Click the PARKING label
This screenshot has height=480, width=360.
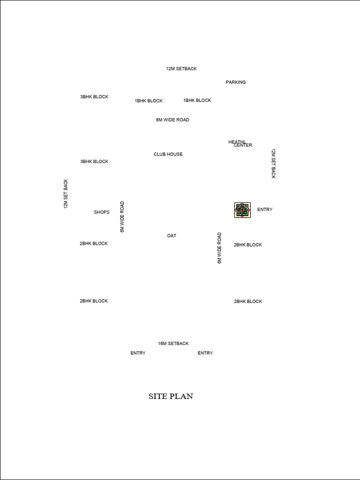pyautogui.click(x=236, y=82)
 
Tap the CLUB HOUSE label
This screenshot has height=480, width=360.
pyautogui.click(x=168, y=154)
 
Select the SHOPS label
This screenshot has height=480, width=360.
pyautogui.click(x=102, y=212)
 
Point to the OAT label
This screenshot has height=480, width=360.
pyautogui.click(x=172, y=236)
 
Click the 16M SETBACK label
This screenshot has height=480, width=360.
pyautogui.click(x=173, y=344)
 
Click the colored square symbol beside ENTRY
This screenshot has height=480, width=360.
pyautogui.click(x=242, y=210)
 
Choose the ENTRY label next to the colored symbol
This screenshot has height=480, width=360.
pyautogui.click(x=265, y=210)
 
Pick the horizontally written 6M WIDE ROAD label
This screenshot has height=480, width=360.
pyautogui.click(x=172, y=120)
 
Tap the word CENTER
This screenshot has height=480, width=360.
pyautogui.click(x=243, y=145)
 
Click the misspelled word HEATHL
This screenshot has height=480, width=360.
pyautogui.click(x=237, y=142)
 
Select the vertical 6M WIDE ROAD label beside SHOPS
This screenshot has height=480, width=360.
pyautogui.click(x=122, y=217)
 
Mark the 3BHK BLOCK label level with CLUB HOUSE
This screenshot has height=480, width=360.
pyautogui.click(x=94, y=161)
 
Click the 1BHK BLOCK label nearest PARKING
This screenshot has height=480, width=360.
pyautogui.click(x=197, y=100)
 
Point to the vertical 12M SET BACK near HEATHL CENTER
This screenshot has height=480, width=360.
pyautogui.click(x=273, y=164)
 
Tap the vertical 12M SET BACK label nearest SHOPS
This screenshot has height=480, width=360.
pyautogui.click(x=66, y=194)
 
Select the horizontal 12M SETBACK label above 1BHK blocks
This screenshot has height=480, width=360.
pyautogui.click(x=181, y=68)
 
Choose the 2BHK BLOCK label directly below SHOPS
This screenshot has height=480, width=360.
pyautogui.click(x=94, y=243)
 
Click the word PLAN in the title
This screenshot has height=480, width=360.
pyautogui.click(x=181, y=396)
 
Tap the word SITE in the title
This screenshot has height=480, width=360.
pyautogui.click(x=157, y=396)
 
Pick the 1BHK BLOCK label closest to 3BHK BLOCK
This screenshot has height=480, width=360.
pyautogui.click(x=149, y=101)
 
